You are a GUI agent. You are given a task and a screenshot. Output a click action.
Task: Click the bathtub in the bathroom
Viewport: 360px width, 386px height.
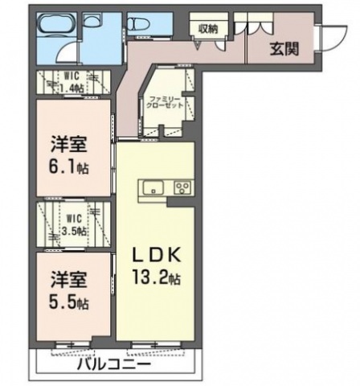pyautogui.click(x=57, y=26)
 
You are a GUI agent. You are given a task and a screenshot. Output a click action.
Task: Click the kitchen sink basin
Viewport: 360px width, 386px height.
pyautogui.click(x=153, y=187)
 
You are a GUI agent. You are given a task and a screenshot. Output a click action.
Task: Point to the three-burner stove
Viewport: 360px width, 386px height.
pyautogui.click(x=183, y=188)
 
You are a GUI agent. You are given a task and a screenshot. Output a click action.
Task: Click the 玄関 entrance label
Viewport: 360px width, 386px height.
pyautogui.click(x=284, y=49)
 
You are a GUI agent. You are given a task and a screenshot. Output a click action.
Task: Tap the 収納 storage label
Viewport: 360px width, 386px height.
pyautogui.click(x=208, y=29)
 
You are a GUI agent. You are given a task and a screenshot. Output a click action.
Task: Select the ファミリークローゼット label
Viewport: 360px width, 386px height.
pyautogui.click(x=165, y=102)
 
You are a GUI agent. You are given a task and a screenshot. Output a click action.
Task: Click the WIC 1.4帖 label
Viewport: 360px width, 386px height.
pyautogui.click(x=71, y=82)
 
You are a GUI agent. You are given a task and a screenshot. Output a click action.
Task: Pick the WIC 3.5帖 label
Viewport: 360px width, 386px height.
pyautogui.click(x=74, y=224)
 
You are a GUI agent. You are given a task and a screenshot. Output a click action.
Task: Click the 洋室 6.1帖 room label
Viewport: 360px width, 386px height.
pyautogui.click(x=69, y=155)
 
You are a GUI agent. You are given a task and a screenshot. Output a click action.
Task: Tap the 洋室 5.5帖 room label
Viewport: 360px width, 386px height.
pyautogui.click(x=69, y=290)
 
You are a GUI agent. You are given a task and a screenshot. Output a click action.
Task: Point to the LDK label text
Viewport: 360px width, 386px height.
pyautogui.click(x=157, y=256)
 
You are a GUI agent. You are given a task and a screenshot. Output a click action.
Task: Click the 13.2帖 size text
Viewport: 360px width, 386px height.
pyautogui.click(x=157, y=277)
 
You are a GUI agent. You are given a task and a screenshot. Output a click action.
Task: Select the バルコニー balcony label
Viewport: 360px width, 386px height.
pyautogui.click(x=114, y=364)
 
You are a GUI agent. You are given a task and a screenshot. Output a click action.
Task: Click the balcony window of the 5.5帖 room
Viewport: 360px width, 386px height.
pyautogui.click(x=73, y=344)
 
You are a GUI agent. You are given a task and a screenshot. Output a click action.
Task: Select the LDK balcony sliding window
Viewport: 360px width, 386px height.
pyautogui.click(x=157, y=344)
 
